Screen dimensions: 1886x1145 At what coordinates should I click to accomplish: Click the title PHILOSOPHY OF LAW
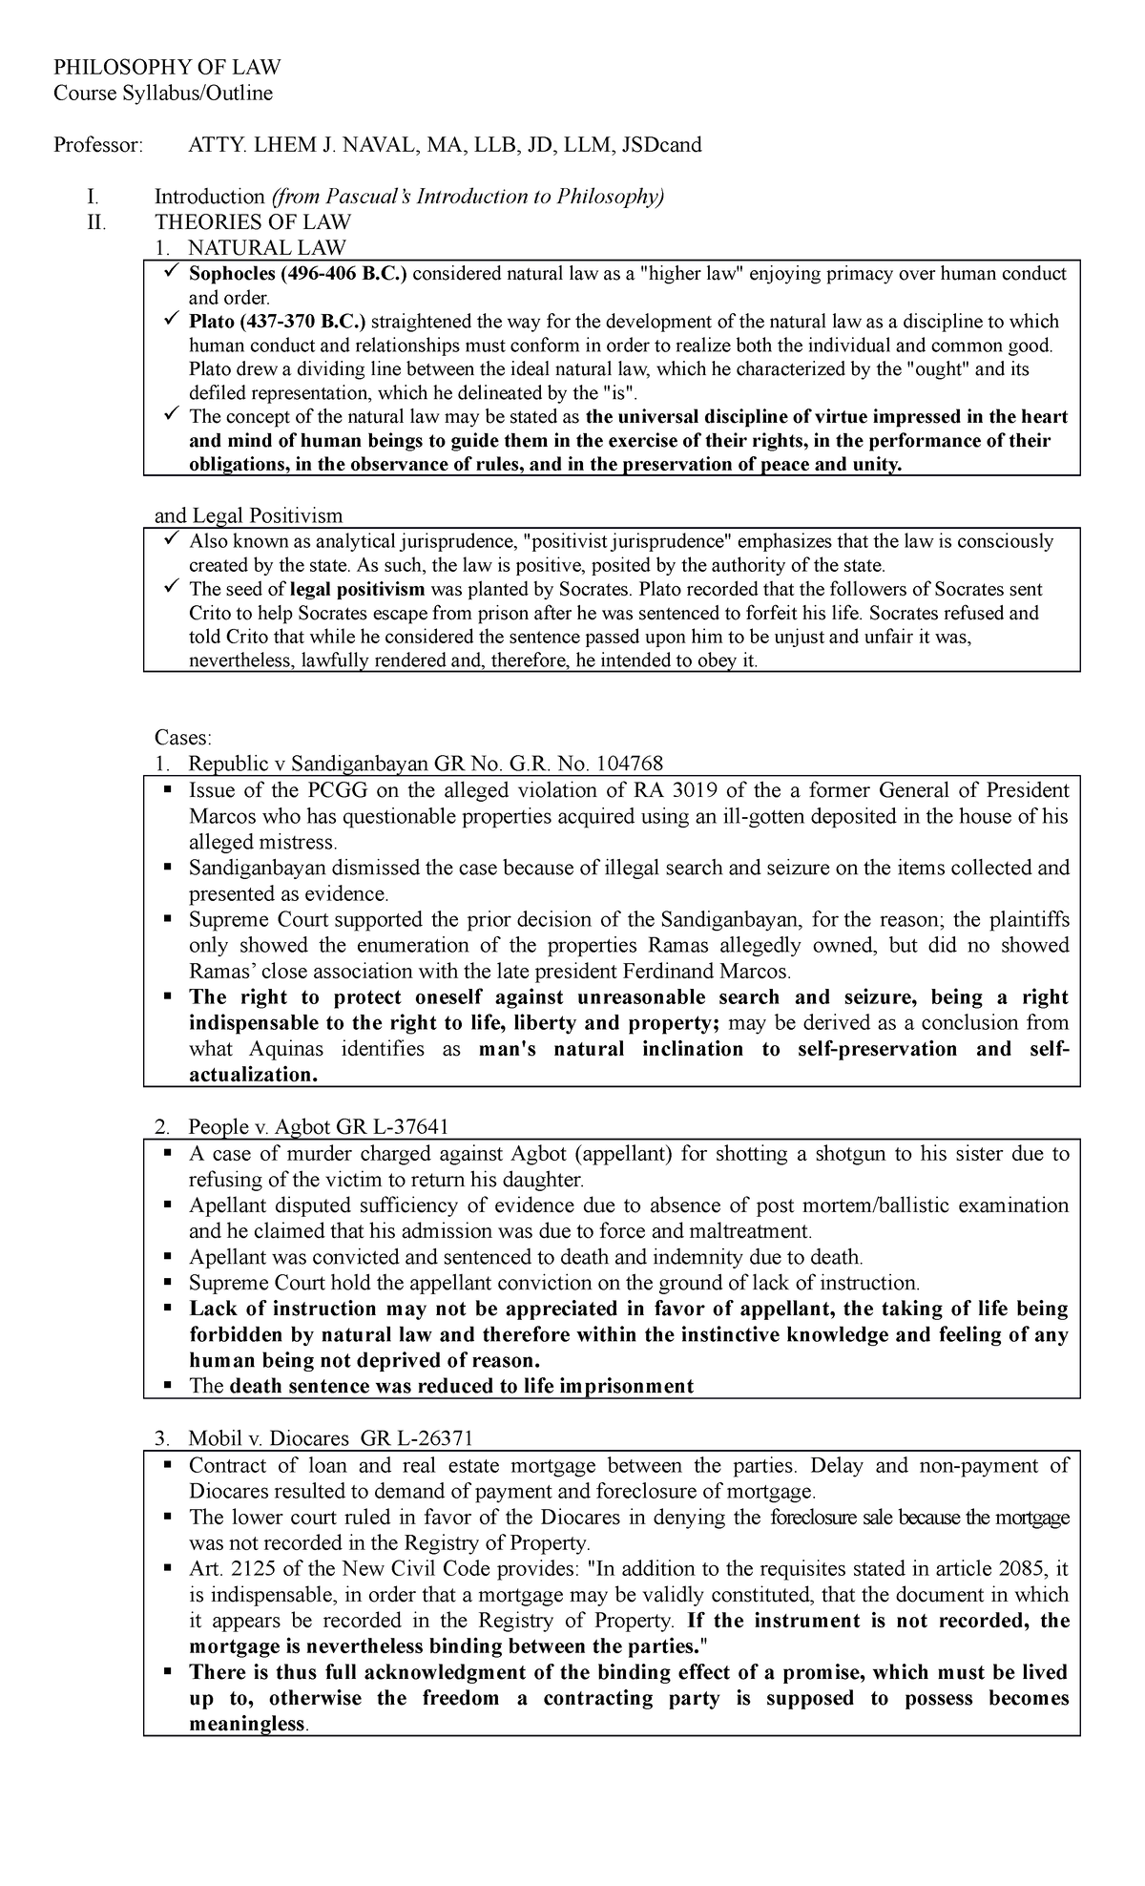click(167, 67)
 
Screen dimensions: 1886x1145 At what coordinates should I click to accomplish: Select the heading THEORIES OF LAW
click(253, 222)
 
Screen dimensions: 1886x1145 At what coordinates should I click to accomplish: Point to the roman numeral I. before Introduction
click(92, 198)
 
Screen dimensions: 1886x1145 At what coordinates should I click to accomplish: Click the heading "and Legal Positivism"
click(248, 516)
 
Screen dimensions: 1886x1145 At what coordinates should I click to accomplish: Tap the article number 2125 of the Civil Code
click(255, 1569)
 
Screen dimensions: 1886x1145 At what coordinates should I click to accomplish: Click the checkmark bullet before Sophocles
click(171, 274)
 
